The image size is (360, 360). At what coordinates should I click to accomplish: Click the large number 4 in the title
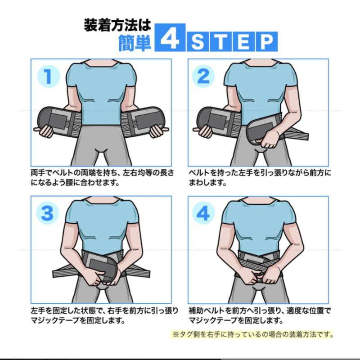coord(170,37)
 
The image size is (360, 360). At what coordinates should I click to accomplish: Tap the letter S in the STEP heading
coord(198,42)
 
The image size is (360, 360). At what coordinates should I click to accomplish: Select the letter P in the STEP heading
coord(266,42)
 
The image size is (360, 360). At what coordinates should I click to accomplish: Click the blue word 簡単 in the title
coord(135,43)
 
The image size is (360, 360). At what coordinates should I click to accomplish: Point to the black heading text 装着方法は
coord(117,25)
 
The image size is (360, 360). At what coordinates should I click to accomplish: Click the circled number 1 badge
coord(49,76)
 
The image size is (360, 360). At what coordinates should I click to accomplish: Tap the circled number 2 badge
coord(203,76)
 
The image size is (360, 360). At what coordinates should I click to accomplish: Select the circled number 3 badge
coord(47,213)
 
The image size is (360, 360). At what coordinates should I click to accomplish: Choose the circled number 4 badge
coord(203,213)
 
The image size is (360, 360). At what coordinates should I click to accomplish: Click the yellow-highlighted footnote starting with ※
coord(252,334)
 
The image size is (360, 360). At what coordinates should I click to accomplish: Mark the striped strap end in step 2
coord(296,135)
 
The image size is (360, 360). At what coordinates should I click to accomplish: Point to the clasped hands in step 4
coord(262,277)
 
